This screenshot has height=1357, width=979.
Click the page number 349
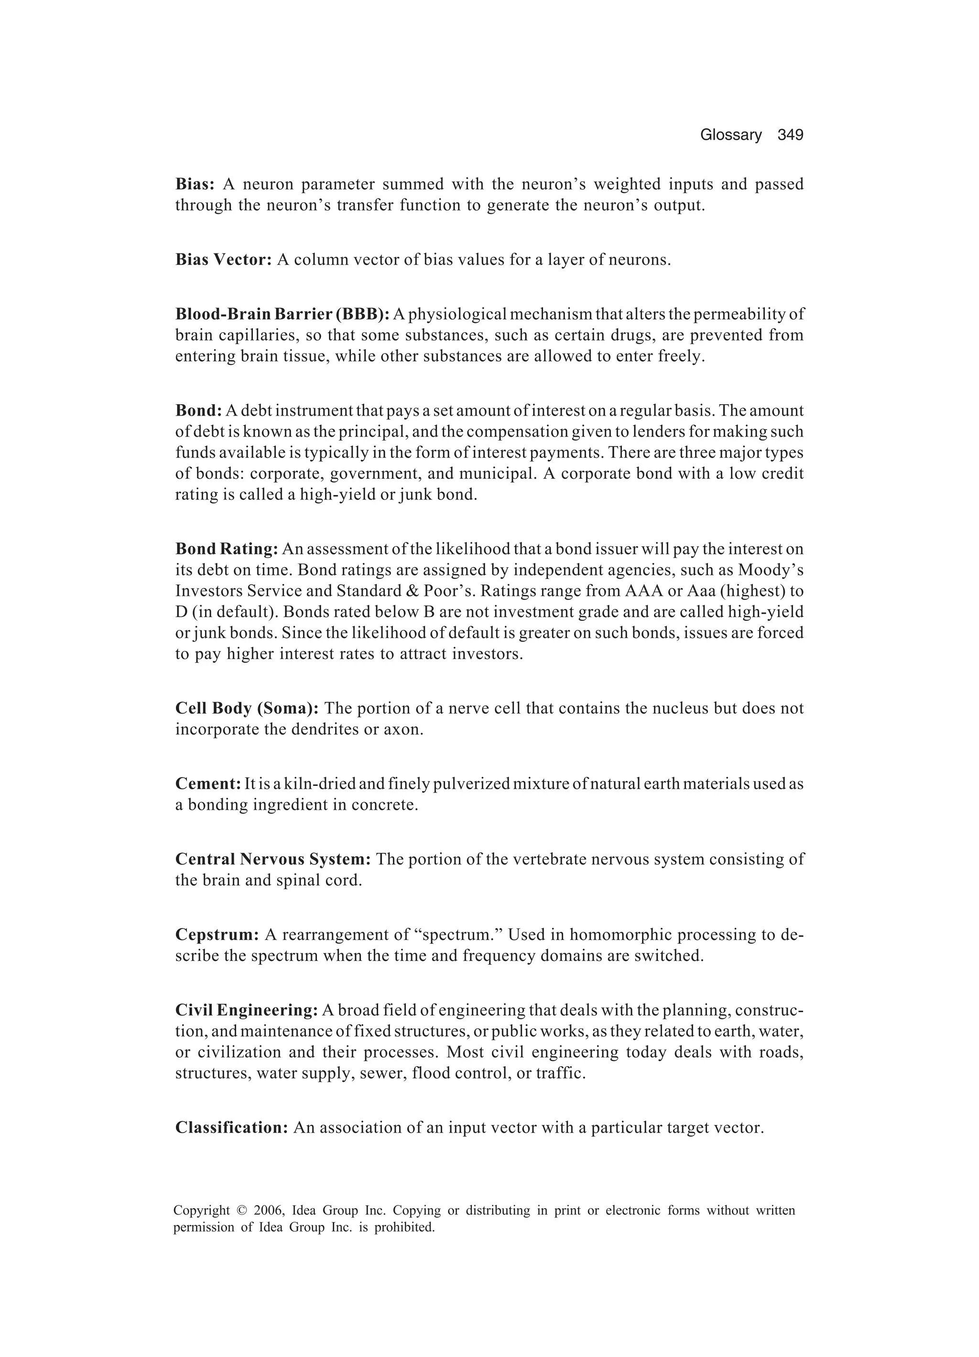click(790, 135)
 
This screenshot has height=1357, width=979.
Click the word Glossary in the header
click(731, 135)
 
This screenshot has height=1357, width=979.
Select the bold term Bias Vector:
click(224, 260)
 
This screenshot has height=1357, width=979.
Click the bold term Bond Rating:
click(227, 549)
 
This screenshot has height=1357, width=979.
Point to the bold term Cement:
click(207, 784)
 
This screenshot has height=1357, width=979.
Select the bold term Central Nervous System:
click(272, 859)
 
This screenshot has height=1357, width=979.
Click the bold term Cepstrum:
click(217, 935)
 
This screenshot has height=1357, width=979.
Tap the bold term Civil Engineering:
click(246, 1010)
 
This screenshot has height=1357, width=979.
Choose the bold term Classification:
click(231, 1128)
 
